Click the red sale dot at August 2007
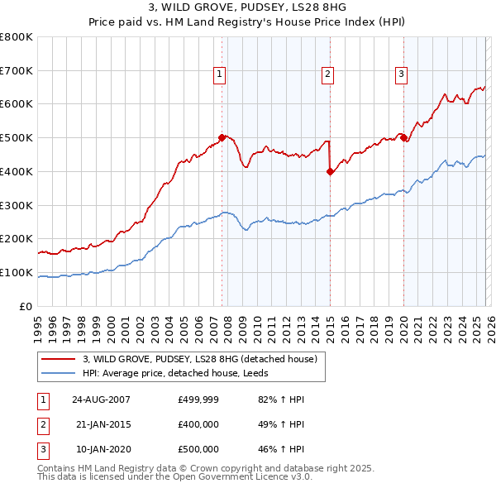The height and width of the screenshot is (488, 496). (x=222, y=137)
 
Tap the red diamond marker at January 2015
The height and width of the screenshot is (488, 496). (x=330, y=171)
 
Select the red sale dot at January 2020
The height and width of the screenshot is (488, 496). (x=403, y=138)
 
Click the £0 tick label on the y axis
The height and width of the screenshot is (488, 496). (x=26, y=306)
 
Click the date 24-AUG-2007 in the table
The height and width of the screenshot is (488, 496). (x=102, y=399)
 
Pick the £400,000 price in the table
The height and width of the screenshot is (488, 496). (x=198, y=424)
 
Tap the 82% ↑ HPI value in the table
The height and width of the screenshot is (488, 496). (x=277, y=399)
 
